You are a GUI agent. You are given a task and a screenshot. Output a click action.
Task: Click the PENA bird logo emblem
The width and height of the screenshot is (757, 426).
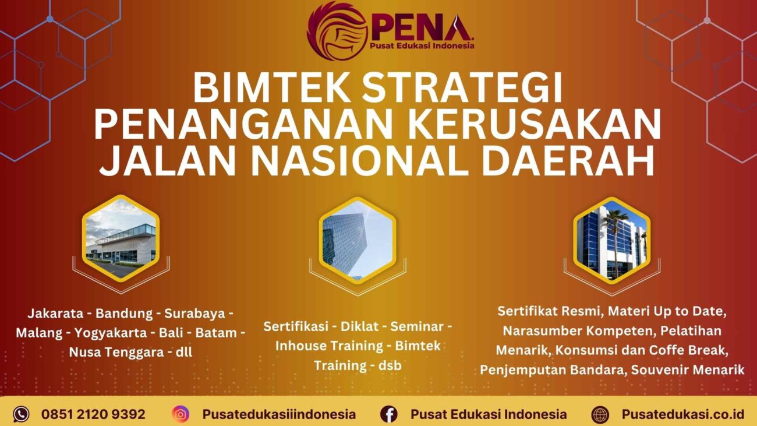click(337, 30)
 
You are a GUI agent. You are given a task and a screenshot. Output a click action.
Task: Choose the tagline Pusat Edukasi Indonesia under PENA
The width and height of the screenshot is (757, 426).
click(422, 45)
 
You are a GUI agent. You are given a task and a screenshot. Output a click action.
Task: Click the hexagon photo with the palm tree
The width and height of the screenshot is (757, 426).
click(611, 239)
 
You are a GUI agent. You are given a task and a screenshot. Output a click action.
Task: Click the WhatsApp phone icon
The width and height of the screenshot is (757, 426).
click(21, 414)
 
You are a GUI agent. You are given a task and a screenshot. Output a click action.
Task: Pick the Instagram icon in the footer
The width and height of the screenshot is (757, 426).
click(181, 414)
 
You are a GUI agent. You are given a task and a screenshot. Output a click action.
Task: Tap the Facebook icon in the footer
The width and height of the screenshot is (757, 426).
click(389, 414)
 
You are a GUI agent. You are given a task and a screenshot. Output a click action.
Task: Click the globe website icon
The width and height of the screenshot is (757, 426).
click(600, 414)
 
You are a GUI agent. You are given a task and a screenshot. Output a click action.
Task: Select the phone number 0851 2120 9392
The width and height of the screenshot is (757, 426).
click(93, 414)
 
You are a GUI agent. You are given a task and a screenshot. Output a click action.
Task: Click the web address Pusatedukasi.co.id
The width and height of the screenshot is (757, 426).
click(682, 414)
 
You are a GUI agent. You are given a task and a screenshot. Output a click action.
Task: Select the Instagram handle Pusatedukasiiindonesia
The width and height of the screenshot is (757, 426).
click(279, 414)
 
